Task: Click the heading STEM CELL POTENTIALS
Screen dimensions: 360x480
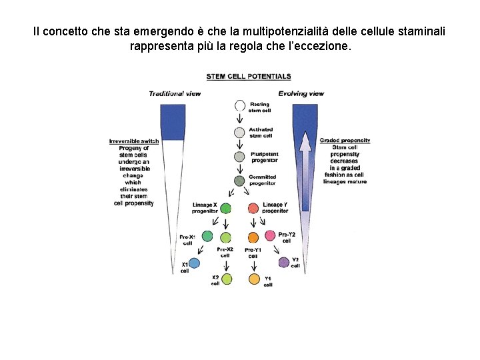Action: (248, 77)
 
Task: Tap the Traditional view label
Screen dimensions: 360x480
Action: (175, 93)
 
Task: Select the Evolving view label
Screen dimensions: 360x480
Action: (301, 93)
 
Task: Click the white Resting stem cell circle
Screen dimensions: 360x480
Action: (240, 107)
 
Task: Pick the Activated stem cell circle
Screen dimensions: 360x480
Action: (240, 132)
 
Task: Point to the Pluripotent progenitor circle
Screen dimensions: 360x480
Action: (240, 157)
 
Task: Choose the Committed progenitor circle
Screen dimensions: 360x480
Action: (240, 181)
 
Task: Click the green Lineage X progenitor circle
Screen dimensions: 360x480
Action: (226, 208)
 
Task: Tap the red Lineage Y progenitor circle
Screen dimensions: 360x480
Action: (253, 208)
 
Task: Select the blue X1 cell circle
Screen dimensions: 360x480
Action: (195, 264)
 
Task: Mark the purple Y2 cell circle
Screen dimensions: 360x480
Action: (284, 262)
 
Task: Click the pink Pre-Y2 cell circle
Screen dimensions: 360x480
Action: (270, 235)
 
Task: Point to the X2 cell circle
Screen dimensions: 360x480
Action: (227, 279)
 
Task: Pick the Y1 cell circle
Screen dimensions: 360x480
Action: (254, 279)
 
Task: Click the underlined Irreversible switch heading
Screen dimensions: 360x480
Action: (134, 141)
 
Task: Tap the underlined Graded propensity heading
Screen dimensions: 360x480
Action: (345, 141)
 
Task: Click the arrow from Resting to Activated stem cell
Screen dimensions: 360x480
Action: (240, 119)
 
